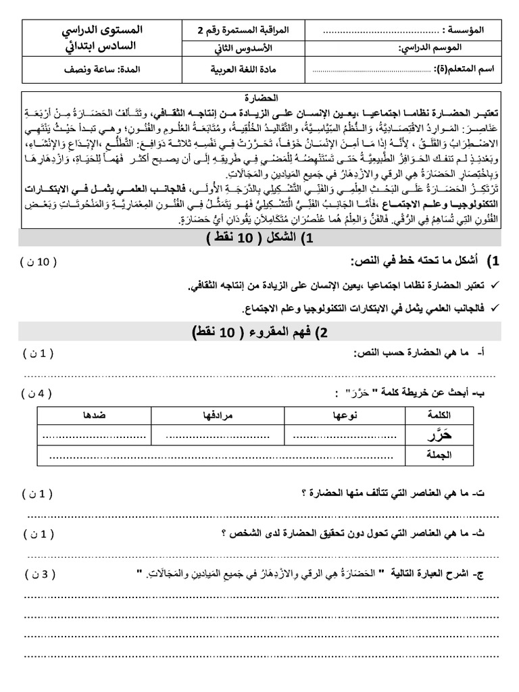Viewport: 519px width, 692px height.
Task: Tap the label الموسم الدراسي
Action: (x=458, y=50)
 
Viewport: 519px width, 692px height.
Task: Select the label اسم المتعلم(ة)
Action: (x=463, y=69)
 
